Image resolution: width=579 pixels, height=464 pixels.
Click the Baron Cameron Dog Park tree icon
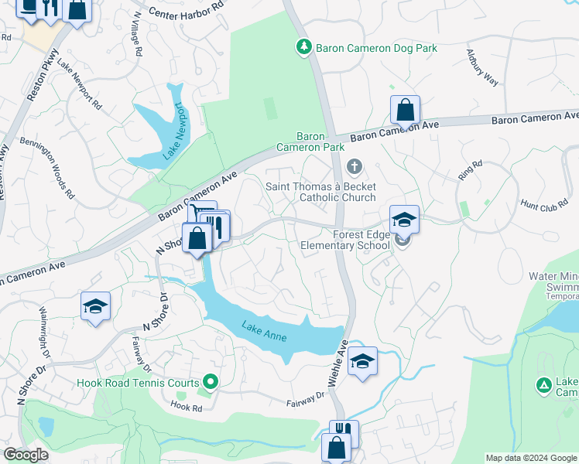point(304,48)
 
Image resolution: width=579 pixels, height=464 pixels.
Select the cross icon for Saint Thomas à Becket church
point(355,166)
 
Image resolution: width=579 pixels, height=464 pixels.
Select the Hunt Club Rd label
point(544,205)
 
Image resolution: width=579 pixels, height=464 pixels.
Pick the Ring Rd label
point(469,170)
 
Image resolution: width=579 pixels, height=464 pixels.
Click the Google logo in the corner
point(26,455)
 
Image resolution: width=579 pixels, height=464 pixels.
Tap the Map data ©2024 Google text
point(530,458)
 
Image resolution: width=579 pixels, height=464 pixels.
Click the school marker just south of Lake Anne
point(362,361)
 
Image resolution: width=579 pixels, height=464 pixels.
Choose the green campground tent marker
point(544,384)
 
